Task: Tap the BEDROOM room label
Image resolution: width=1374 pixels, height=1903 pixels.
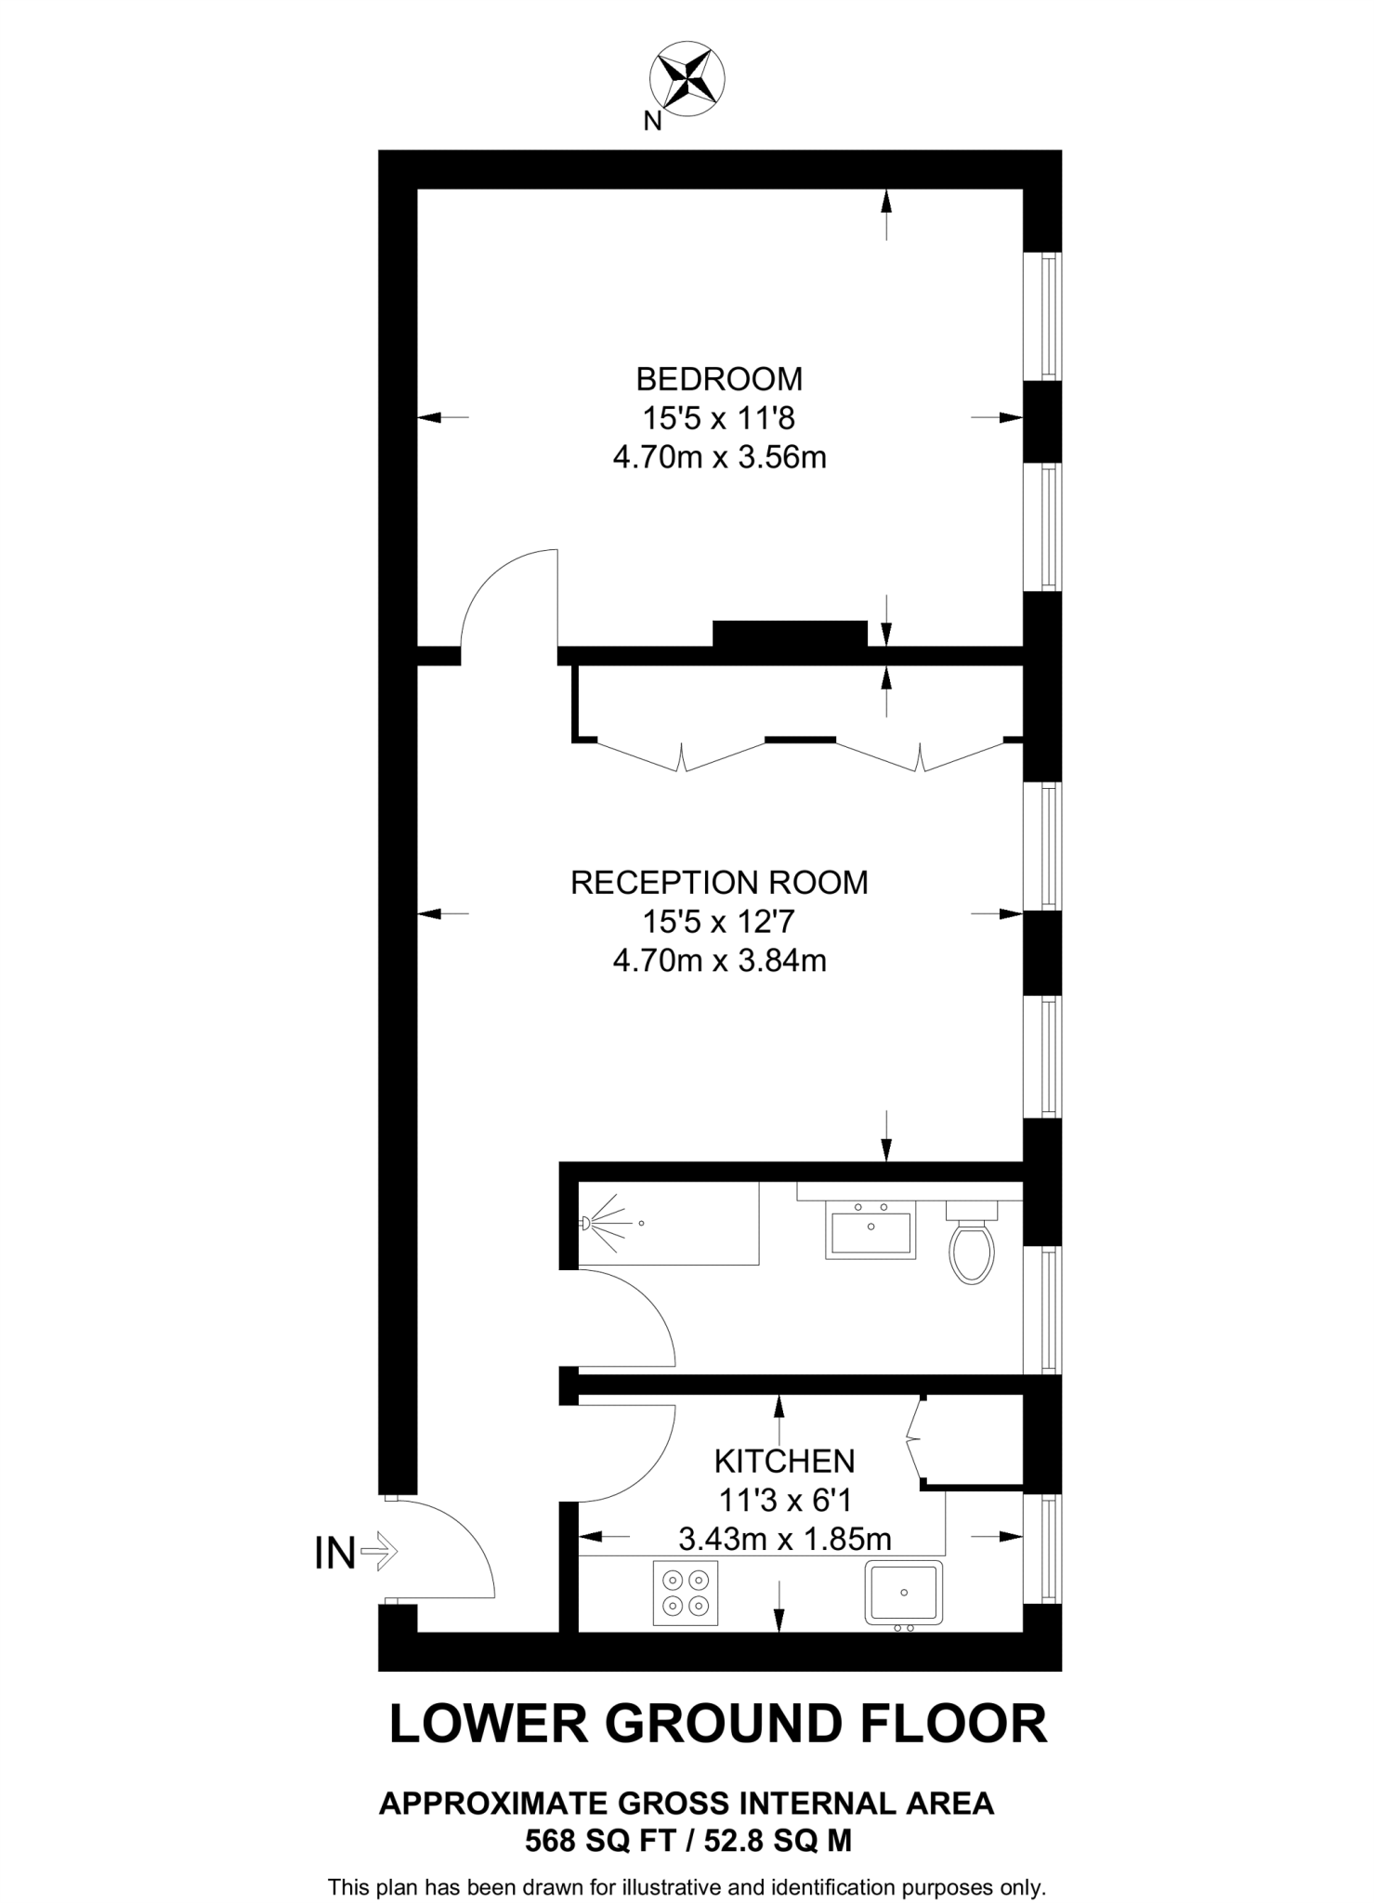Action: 719,379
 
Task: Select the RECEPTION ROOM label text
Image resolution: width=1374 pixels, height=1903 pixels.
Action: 719,882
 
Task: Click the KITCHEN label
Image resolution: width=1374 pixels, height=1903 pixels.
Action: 784,1462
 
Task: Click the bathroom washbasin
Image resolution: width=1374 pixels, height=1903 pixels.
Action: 870,1229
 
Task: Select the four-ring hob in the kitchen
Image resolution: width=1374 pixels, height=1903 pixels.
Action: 686,1594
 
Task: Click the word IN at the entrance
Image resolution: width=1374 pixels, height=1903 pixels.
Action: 335,1554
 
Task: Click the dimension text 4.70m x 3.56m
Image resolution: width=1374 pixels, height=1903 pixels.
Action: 719,457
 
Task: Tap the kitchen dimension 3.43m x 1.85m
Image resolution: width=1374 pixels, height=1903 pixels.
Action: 784,1540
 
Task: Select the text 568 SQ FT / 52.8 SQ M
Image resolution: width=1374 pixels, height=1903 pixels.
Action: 687,1840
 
